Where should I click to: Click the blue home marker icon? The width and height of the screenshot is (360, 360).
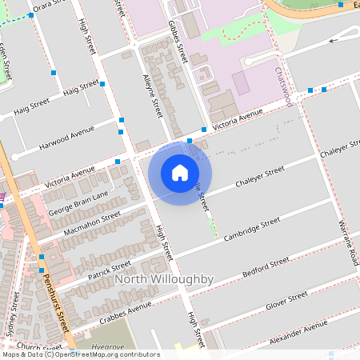(180, 173)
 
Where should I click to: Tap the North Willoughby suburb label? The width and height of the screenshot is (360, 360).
(164, 279)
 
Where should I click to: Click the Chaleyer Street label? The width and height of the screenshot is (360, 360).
(260, 178)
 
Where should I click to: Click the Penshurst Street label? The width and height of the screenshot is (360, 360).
(57, 300)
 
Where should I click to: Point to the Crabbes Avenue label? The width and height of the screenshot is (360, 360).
(124, 309)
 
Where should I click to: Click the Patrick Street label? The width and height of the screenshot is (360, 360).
(110, 266)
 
